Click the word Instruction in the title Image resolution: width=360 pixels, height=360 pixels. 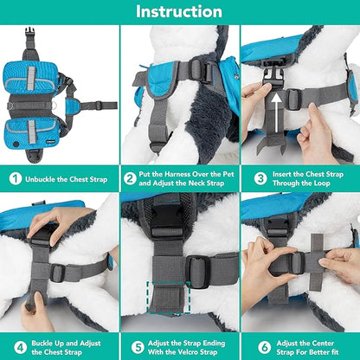179,11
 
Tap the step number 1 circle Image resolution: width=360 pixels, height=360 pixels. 16,179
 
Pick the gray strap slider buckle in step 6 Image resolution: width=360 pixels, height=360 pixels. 296,262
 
